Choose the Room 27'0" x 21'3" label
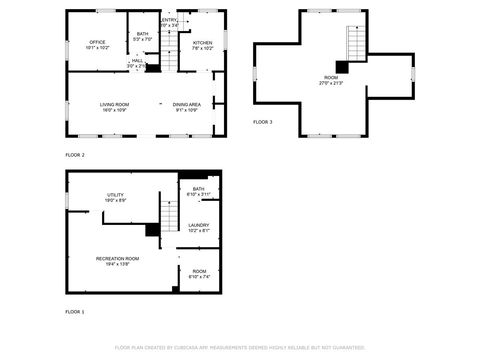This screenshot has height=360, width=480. coord(331,79)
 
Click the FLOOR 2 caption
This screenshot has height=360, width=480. coord(75,155)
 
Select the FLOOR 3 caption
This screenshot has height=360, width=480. coord(262,121)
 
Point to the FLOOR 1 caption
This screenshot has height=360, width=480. coord(75,312)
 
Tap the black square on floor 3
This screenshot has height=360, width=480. coord(343,67)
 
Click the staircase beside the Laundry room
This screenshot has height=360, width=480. coord(171,215)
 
